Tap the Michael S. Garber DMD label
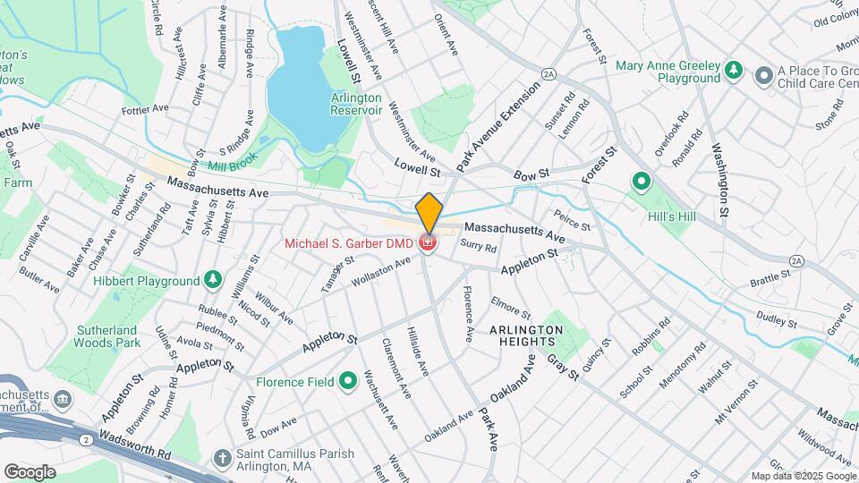coord(349,243)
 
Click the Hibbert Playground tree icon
coord(213,279)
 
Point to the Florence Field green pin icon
coord(348,382)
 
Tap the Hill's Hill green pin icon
coord(641,182)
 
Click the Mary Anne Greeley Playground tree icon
coord(734,70)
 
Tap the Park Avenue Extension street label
coord(498,126)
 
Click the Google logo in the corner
coord(30,471)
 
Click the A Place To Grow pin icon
coord(763,76)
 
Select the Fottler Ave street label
coord(146,108)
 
